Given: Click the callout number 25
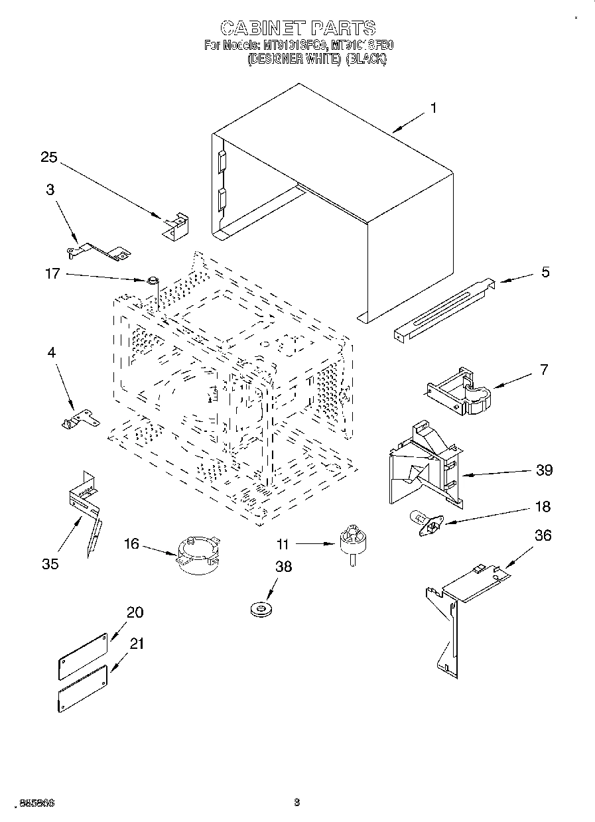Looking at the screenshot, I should [x=49, y=157].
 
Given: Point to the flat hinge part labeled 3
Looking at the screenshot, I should [x=99, y=250].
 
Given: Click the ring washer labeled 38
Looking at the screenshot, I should [x=260, y=608].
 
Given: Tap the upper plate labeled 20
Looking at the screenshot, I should [x=83, y=655].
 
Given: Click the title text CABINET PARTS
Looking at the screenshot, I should [x=297, y=28].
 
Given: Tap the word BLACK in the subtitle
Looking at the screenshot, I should [x=366, y=58].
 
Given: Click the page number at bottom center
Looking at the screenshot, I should [x=297, y=802].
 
